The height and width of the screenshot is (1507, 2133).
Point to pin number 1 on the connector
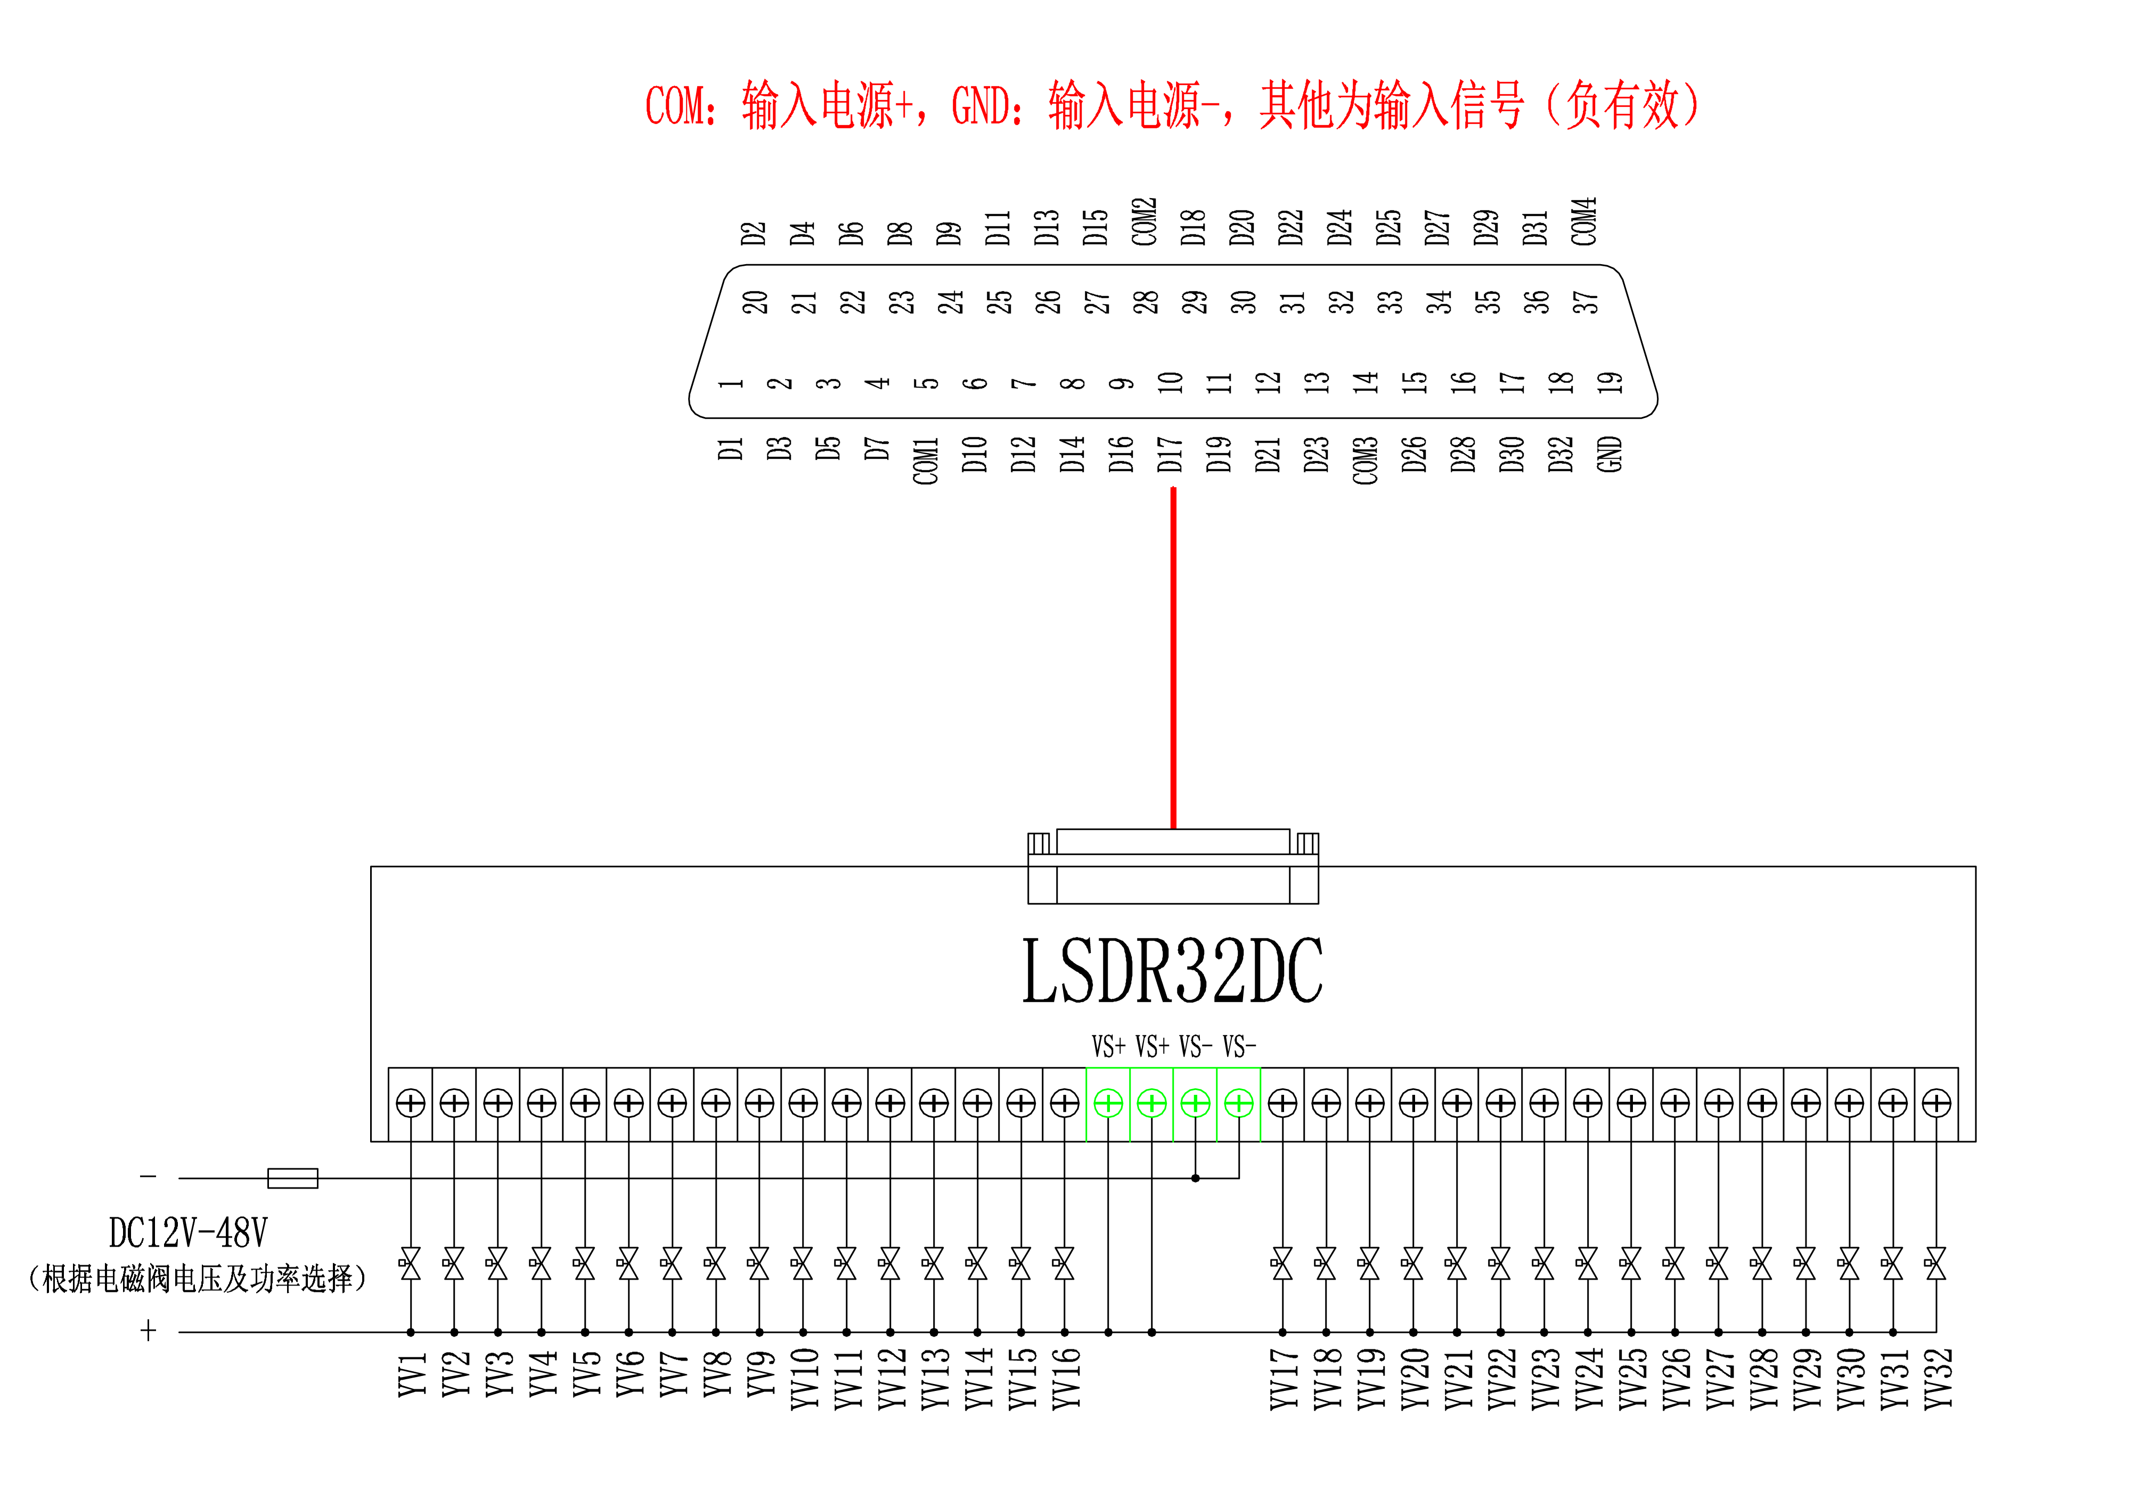(730, 383)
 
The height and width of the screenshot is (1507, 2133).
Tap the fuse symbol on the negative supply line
(292, 1178)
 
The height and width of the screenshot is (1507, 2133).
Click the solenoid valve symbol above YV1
(410, 1264)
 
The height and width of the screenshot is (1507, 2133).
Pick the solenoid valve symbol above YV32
(1936, 1264)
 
